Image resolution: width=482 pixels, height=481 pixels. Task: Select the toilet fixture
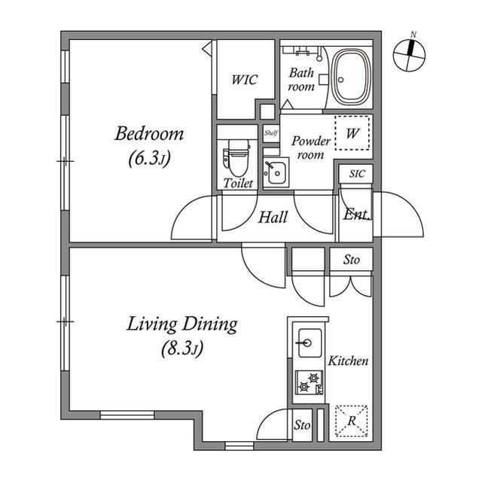236,158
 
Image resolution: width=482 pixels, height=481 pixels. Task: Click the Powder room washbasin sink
276,172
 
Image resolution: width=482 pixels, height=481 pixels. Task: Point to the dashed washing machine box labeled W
352,132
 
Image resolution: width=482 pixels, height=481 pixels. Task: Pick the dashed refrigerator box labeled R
352,421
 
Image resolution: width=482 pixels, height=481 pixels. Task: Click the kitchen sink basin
310,342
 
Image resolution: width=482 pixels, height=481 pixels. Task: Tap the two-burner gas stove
310,382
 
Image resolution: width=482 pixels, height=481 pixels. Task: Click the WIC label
244,80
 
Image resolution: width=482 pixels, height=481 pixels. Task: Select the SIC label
357,174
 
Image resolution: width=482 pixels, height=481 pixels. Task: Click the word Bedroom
149,134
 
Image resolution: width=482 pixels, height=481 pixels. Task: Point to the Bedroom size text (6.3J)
149,159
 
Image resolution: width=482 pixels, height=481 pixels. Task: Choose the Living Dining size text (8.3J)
182,349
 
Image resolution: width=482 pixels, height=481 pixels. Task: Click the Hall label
273,218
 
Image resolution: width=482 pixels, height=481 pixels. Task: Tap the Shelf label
271,133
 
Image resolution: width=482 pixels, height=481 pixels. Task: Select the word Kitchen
348,361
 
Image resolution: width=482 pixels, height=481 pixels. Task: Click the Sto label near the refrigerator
302,425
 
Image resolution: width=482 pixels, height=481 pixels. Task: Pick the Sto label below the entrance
352,260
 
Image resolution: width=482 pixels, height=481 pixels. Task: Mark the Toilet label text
238,184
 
